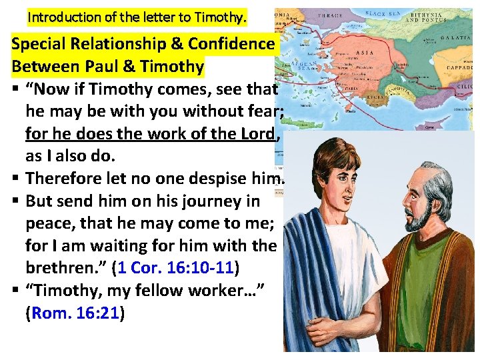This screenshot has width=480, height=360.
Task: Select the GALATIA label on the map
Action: click(x=459, y=39)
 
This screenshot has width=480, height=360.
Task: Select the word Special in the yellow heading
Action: click(x=41, y=44)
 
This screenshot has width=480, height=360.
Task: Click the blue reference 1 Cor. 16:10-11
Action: click(x=175, y=269)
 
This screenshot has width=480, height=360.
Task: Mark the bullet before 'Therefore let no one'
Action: click(x=16, y=178)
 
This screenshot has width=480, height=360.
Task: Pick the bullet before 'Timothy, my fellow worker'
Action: click(x=16, y=291)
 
